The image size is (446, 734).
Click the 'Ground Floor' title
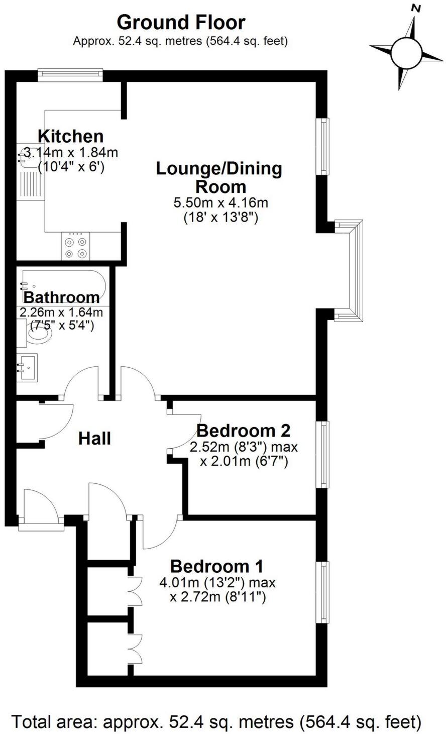(x=181, y=23)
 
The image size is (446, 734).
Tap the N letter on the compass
(x=415, y=8)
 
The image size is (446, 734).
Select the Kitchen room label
(x=71, y=136)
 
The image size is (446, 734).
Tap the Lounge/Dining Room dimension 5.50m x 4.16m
(x=220, y=203)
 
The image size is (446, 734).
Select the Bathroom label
(x=62, y=297)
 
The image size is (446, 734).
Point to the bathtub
(x=63, y=284)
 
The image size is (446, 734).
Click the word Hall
(x=94, y=439)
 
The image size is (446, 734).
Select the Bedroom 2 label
(x=243, y=431)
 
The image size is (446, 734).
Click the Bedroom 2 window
(x=324, y=454)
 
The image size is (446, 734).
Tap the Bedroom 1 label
(x=217, y=566)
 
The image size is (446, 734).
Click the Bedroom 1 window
(x=324, y=592)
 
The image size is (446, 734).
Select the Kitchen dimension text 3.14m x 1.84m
(x=71, y=152)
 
